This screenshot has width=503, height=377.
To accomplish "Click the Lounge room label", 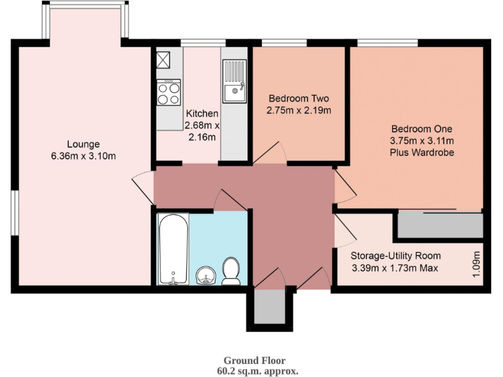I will [x=83, y=144].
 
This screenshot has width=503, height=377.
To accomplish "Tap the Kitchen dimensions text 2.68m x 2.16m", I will [x=202, y=131].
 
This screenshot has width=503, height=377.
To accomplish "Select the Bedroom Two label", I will [x=299, y=99].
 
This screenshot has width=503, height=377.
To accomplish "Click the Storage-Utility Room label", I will [x=395, y=256].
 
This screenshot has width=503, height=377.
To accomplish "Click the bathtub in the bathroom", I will [x=174, y=249].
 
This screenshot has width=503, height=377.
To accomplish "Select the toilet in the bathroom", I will [x=231, y=271].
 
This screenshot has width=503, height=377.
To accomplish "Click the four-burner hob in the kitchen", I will [x=168, y=92].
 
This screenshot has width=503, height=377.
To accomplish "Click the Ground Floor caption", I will [x=254, y=361].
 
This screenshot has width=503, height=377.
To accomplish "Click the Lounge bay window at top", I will [x=85, y=23].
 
